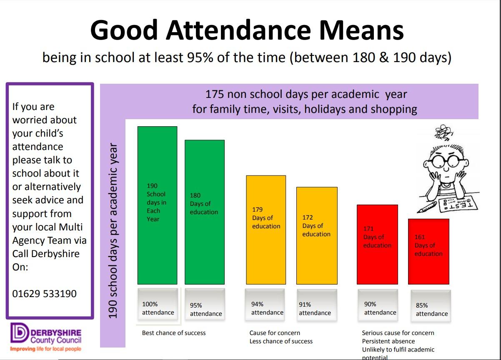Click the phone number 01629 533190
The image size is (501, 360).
(x=45, y=294)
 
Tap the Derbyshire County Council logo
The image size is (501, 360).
(x=46, y=337)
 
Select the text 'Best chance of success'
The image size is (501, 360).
(x=174, y=333)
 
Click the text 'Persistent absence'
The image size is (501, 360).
(x=388, y=341)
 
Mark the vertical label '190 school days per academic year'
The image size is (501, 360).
(x=113, y=231)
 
